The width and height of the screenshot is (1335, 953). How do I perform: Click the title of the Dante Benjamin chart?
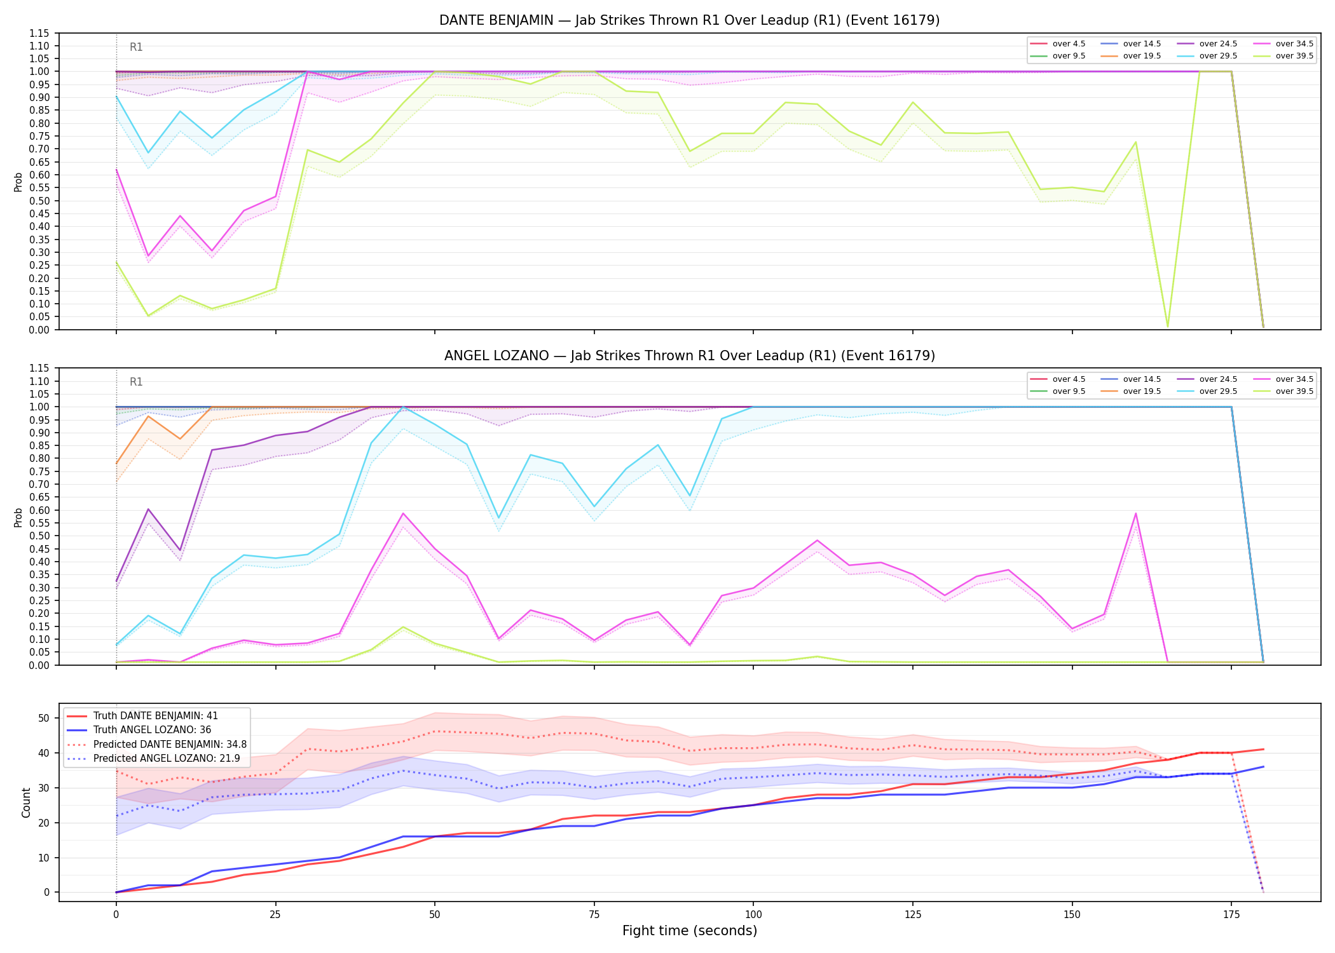(689, 20)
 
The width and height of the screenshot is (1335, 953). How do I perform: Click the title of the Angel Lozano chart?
(689, 356)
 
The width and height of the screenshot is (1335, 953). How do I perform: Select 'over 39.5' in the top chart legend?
(1294, 56)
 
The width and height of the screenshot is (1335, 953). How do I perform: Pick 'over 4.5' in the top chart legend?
(1069, 44)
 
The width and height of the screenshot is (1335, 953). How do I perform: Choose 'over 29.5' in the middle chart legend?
(1218, 391)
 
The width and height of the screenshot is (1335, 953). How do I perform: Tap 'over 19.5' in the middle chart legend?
(1142, 391)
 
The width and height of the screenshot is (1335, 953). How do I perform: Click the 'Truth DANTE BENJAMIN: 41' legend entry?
(155, 716)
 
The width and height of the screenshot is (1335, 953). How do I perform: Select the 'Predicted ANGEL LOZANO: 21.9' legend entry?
(167, 759)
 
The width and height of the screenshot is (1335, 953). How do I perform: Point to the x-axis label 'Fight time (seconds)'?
(690, 931)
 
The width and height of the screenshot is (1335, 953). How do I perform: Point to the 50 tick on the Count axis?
(44, 719)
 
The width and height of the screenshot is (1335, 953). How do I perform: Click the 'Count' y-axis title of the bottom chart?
(26, 802)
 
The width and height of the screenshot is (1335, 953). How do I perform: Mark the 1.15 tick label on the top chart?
(39, 33)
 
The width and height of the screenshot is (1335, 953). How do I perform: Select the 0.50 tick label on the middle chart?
(39, 536)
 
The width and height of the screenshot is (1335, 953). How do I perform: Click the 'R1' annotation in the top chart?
(136, 47)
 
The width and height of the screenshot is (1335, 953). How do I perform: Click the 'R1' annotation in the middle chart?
(136, 382)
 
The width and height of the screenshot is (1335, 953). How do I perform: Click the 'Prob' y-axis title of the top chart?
(18, 182)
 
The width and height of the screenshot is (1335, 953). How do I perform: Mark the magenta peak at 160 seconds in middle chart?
(1135, 513)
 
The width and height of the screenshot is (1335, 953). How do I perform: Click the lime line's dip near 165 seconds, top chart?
(1167, 327)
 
